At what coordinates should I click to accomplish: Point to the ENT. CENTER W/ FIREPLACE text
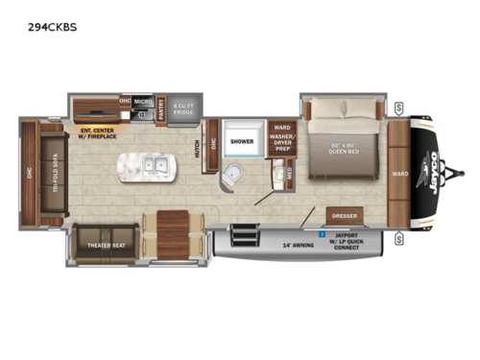click(101, 133)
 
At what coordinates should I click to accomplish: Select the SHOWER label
click(240, 142)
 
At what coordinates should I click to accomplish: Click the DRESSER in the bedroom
click(344, 216)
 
